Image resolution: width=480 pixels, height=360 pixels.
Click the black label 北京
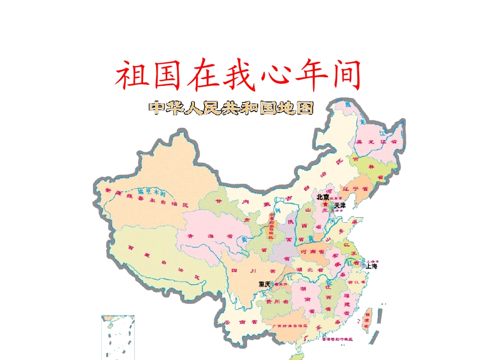pos(323,197)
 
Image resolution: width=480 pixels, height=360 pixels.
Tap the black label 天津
pos(340,205)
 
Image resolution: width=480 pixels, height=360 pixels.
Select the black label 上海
pos(371,266)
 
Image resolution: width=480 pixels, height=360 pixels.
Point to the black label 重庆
pos(264,284)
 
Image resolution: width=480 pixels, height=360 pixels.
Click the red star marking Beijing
pos(325,203)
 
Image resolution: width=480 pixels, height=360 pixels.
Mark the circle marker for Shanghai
pos(363,264)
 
